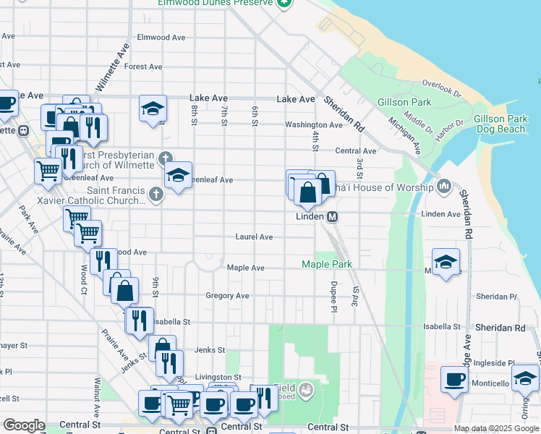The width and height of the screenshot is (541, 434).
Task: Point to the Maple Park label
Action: point(327,265)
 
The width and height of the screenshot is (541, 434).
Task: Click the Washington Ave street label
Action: point(313,125)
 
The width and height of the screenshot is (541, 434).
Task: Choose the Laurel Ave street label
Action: point(254,237)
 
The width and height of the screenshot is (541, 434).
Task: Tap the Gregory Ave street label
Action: point(227,296)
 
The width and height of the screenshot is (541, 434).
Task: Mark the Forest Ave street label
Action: point(142,67)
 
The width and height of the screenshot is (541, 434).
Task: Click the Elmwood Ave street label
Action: point(161,38)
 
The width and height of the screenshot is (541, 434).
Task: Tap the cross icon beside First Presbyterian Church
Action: point(165,156)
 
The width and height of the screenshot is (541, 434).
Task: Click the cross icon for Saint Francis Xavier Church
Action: point(156,194)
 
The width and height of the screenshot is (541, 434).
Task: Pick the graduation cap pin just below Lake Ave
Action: point(153,109)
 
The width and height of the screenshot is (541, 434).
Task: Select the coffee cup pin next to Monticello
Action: point(455,380)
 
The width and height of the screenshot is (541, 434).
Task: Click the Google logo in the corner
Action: point(24,425)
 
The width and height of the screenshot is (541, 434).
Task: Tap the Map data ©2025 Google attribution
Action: point(495,428)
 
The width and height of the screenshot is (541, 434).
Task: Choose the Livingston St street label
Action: point(218,378)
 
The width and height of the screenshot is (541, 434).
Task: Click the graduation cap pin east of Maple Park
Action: point(446,262)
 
